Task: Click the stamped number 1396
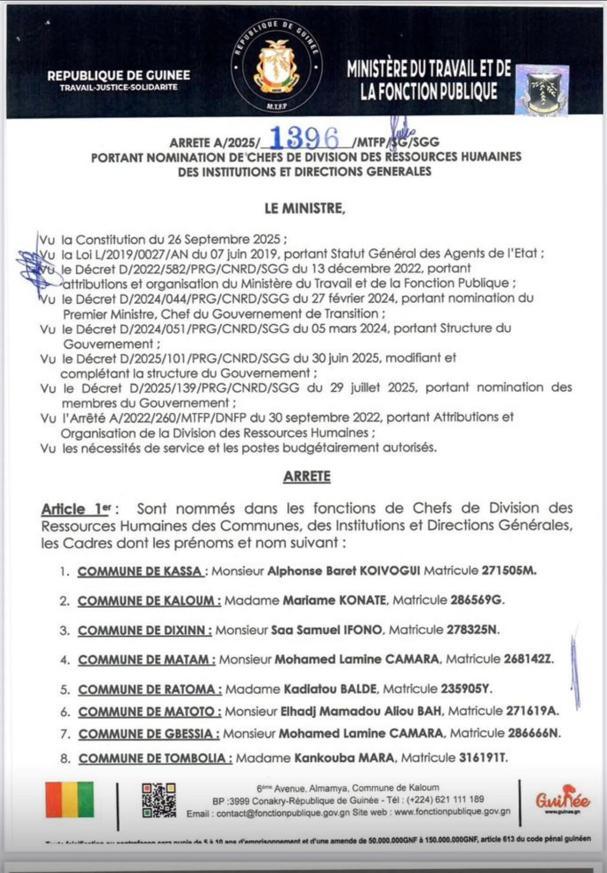click(x=305, y=139)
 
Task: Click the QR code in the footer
click(x=159, y=800)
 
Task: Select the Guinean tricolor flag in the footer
click(x=70, y=800)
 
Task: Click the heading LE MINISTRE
click(x=305, y=208)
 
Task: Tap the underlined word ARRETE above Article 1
click(x=307, y=476)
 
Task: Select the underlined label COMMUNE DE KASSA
click(x=141, y=571)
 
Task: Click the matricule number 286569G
click(x=476, y=600)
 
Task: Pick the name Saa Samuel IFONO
click(x=326, y=630)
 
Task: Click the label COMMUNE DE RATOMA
click(x=150, y=689)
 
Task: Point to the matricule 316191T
click(x=483, y=758)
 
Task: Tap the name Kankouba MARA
click(x=344, y=758)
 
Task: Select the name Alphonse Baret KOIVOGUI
click(x=344, y=571)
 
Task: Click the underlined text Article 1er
click(x=76, y=509)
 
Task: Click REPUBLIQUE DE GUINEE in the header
click(x=118, y=76)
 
